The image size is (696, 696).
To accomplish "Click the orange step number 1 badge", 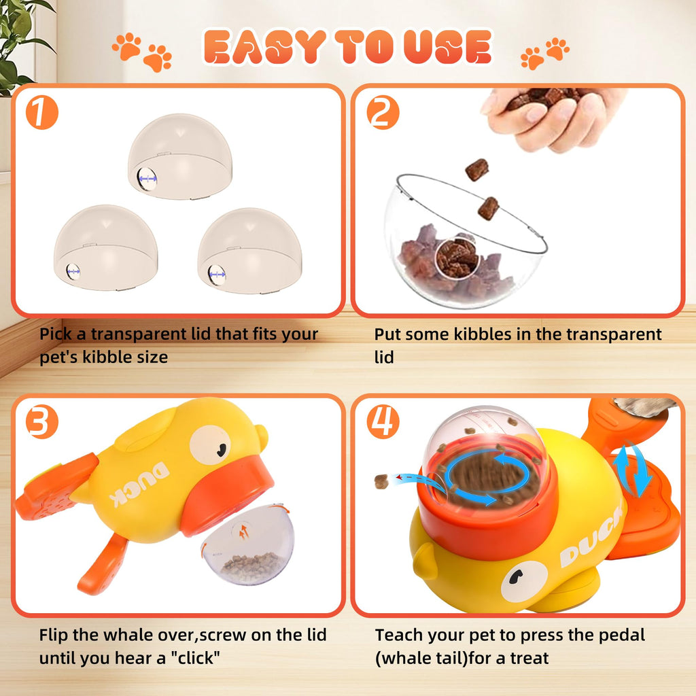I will coord(42,114).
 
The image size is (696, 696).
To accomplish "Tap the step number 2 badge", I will coord(383,114).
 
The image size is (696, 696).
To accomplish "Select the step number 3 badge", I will coord(42,423).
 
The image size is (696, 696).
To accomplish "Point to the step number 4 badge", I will coord(383,423).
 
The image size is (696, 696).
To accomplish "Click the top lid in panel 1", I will coord(180,156).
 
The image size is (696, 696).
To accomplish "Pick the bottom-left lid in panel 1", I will coord(105,248).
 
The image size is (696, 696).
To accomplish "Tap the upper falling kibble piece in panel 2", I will coord(477,169).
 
